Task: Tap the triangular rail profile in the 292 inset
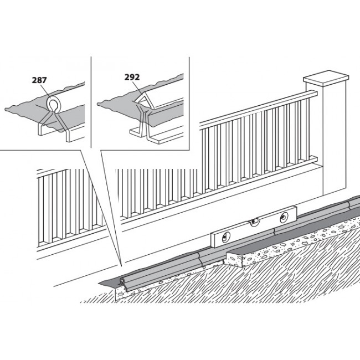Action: pos(142,101)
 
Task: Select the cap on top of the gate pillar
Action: pos(326,80)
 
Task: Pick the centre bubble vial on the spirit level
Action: pos(254,224)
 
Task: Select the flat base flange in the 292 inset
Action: pos(155,136)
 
